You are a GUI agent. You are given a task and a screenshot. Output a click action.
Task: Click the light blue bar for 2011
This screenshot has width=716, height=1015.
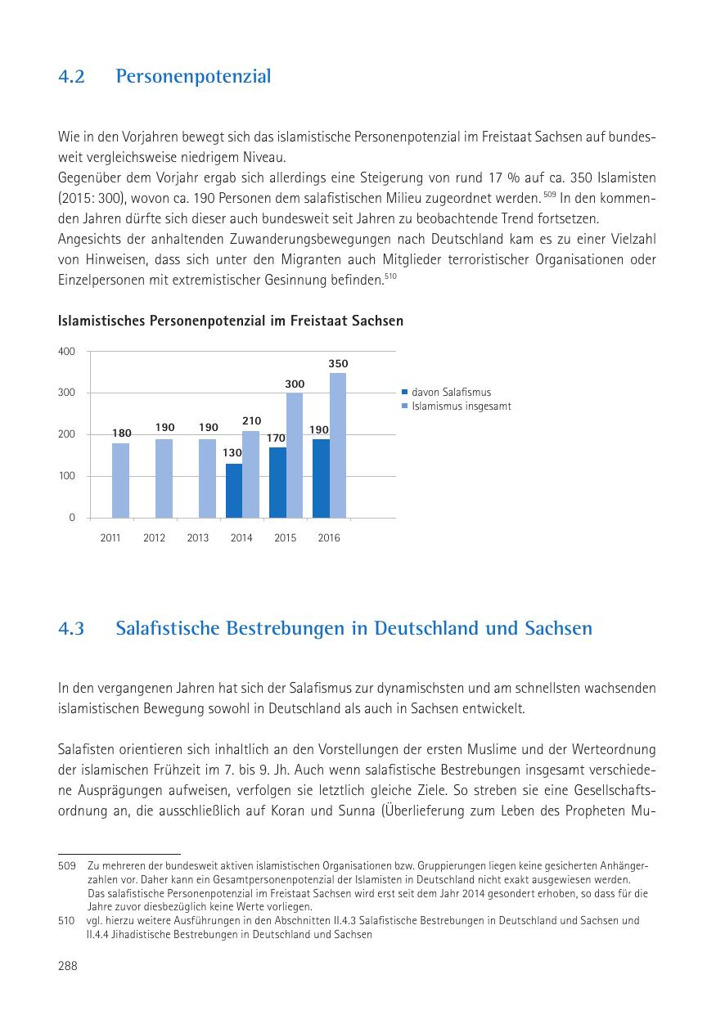(120, 480)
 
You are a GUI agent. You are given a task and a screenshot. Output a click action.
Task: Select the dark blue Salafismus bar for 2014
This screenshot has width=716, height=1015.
(234, 491)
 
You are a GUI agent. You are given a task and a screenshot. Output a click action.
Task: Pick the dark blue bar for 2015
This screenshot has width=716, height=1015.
(277, 483)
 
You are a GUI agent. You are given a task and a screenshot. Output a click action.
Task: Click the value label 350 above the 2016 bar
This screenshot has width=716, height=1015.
(338, 363)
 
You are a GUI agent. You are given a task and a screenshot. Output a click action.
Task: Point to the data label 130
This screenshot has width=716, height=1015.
(234, 452)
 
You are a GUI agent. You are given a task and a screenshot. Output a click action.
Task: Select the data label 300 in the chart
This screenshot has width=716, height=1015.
(295, 383)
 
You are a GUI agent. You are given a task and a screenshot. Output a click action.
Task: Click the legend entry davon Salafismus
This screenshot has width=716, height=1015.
(451, 393)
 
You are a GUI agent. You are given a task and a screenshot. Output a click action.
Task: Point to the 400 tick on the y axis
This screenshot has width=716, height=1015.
(66, 352)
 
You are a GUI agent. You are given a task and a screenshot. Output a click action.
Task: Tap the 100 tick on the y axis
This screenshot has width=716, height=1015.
(66, 476)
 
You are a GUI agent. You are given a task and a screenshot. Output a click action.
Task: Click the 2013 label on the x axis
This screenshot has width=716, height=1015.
(198, 538)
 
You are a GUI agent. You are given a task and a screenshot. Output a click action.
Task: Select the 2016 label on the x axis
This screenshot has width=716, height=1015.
(328, 538)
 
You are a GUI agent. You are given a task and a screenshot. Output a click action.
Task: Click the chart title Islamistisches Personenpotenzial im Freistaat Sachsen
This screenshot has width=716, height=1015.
(231, 321)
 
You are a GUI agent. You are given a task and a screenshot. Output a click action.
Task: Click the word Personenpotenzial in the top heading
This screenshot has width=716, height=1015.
(193, 77)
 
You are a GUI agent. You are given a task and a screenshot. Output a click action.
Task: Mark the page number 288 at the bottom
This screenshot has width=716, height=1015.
(68, 966)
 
